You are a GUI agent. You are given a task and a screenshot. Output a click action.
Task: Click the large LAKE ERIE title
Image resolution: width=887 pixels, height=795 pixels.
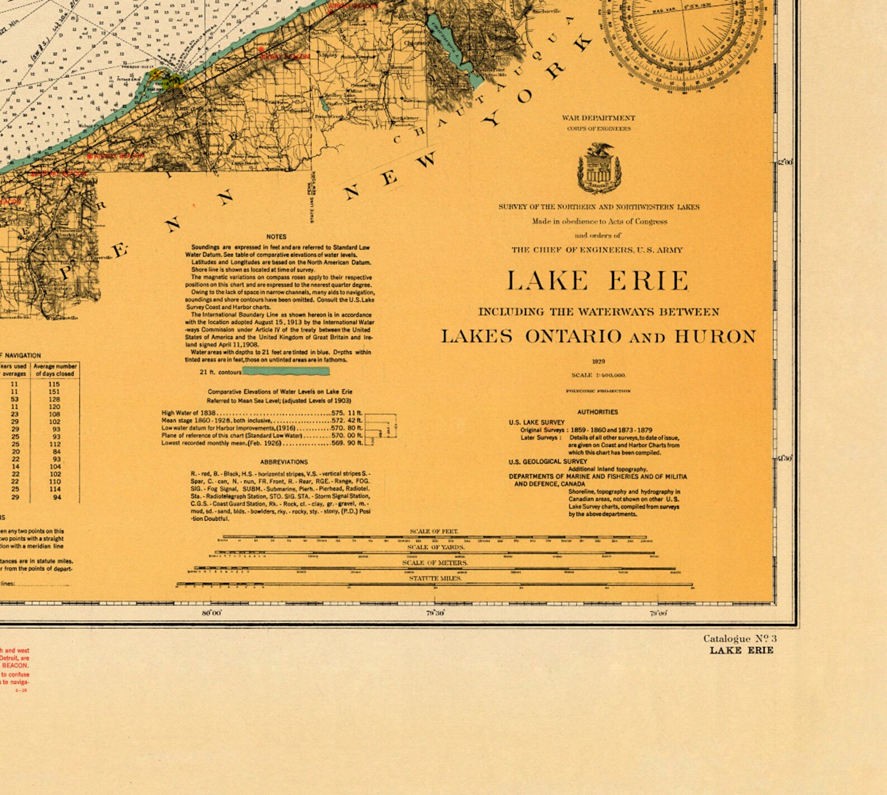[598, 280]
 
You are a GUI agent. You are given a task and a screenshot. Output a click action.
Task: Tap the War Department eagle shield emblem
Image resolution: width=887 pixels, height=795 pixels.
[599, 168]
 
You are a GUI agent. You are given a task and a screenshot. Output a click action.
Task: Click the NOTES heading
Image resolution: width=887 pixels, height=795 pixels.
[276, 237]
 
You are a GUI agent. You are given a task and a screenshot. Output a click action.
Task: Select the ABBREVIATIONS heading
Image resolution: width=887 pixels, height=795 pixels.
[284, 462]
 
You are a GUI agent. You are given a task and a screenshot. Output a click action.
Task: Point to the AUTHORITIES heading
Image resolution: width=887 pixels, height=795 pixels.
[597, 412]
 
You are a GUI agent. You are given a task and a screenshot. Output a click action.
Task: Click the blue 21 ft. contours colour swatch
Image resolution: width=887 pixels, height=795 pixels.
[286, 372]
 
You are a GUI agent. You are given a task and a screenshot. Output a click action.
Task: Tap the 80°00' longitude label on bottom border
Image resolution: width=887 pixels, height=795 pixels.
[212, 613]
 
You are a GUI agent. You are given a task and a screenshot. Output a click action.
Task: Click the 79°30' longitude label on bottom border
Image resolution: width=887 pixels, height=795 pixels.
[435, 613]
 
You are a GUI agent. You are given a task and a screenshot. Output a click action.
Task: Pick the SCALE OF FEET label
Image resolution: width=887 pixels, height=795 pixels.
[434, 531]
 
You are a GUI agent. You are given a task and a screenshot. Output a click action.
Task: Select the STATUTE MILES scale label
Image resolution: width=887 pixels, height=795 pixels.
[435, 578]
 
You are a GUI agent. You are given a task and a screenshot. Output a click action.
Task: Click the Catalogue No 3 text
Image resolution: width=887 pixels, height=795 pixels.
[740, 639]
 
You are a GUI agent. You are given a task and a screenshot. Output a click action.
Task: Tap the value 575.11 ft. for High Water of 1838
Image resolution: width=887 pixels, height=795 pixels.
[346, 413]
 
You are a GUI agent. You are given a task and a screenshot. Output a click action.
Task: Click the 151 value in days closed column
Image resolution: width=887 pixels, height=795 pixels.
[54, 392]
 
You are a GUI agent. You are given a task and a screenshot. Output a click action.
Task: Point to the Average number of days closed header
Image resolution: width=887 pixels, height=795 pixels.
[55, 370]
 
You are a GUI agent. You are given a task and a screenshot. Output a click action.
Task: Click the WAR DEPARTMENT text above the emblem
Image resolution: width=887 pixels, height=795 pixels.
[598, 118]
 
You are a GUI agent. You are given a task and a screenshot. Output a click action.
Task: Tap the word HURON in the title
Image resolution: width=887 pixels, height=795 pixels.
[715, 336]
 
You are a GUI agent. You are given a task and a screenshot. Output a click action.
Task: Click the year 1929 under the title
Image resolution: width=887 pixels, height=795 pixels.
[598, 361]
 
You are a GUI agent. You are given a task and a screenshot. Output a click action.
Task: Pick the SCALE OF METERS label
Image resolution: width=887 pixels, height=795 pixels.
[435, 563]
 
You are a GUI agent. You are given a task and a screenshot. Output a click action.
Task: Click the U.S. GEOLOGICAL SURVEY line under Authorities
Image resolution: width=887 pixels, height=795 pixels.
[547, 461]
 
